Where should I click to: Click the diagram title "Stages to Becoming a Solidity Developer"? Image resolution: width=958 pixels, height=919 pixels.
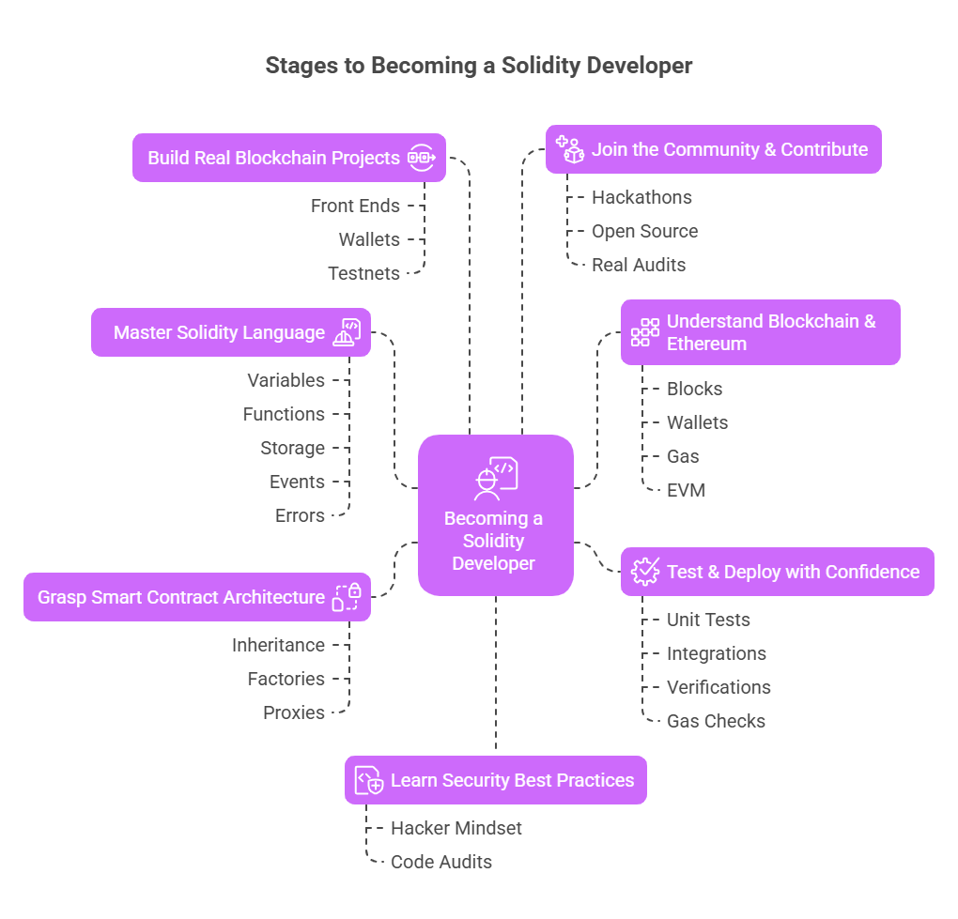point(478,66)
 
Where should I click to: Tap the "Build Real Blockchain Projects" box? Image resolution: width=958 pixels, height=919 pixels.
point(288,158)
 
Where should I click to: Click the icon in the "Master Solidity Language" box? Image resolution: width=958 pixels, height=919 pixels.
point(347,332)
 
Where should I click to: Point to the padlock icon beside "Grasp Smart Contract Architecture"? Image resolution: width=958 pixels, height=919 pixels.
point(347,597)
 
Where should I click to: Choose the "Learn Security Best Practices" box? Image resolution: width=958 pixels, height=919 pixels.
point(495,780)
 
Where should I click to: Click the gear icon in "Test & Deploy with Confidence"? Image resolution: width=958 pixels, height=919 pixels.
point(645,572)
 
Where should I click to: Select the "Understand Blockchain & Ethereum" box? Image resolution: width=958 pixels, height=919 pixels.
point(760,332)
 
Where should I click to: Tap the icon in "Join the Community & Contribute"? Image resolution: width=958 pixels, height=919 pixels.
point(570,149)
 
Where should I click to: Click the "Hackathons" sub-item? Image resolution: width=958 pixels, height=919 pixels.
point(641,197)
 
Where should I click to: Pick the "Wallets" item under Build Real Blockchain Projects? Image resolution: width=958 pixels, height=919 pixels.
point(369,239)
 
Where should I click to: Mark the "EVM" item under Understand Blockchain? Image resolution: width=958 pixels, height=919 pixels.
point(686,490)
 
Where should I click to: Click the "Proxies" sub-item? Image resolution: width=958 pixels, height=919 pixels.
point(294,712)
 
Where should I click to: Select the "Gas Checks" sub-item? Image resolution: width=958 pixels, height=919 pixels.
point(716,721)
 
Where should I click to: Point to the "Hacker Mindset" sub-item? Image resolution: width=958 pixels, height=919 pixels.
point(456,828)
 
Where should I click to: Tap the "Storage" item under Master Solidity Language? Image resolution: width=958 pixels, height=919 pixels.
point(292,448)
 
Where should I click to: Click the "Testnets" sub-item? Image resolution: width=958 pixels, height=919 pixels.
point(363,273)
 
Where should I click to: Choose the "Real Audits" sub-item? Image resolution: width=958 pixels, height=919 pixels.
point(639,265)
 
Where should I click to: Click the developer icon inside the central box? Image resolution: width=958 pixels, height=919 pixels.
point(495,478)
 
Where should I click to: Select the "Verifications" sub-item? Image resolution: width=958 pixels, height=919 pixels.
point(718,687)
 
